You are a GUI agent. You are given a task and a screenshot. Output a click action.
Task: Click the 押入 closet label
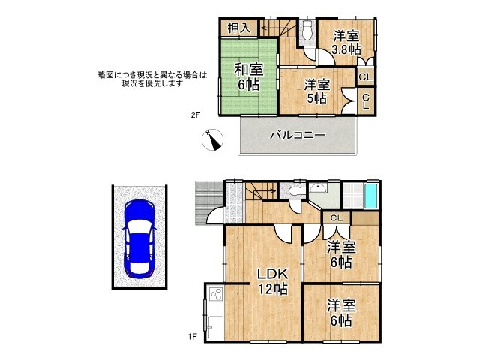click(239, 28)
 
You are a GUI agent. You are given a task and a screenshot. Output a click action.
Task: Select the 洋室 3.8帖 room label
click(346, 43)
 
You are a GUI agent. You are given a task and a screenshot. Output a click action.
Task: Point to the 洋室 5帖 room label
click(316, 91)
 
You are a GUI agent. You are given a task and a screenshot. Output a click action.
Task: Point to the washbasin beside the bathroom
click(319, 190)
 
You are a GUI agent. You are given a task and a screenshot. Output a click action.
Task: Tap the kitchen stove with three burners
click(214, 295)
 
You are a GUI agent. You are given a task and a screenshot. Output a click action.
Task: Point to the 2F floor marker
click(195, 115)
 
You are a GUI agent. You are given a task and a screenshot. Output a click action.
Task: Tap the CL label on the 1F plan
click(336, 218)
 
